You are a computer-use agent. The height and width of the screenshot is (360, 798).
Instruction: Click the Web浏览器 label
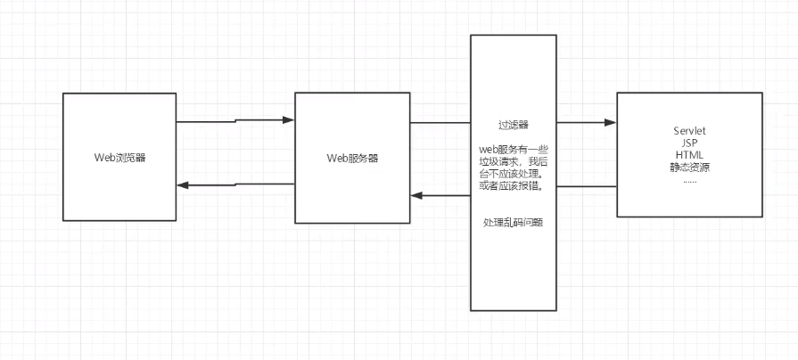click(120, 158)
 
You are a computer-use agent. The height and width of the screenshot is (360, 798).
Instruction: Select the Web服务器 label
click(352, 158)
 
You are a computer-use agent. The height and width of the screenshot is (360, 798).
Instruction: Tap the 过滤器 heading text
click(514, 126)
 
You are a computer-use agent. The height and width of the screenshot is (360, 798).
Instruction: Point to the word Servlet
click(690, 131)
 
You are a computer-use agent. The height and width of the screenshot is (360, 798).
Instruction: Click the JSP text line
click(690, 143)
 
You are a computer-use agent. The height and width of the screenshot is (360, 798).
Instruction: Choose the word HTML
click(690, 154)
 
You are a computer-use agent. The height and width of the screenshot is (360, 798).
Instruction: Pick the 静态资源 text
click(690, 167)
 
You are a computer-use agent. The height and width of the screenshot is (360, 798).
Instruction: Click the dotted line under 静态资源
click(690, 179)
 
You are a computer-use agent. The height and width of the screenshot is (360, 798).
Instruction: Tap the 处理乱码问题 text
click(514, 222)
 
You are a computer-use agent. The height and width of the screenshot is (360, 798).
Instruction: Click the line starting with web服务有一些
click(514, 150)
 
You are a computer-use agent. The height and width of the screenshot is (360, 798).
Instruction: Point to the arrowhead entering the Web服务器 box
click(289, 119)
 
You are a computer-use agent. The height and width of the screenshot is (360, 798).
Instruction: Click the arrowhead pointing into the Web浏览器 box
click(183, 185)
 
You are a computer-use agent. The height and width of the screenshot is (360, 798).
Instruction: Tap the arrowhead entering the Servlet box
click(611, 122)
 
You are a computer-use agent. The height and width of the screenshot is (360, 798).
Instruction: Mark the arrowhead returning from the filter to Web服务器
click(416, 195)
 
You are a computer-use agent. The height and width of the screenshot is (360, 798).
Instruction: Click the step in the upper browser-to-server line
click(235, 120)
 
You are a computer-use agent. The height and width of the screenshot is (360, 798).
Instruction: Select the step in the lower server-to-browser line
click(235, 184)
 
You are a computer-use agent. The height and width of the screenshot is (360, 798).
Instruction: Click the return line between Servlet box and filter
click(587, 186)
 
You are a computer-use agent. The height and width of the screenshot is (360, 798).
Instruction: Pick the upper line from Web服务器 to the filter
click(440, 123)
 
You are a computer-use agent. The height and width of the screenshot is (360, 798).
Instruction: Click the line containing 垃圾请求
click(514, 162)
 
